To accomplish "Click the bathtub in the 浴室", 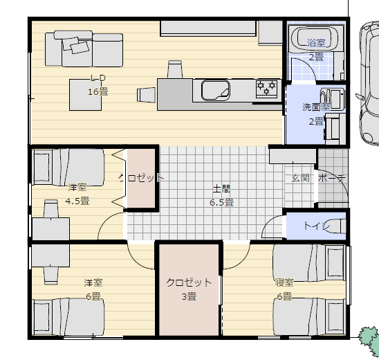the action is (315, 39).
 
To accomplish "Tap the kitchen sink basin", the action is (215, 90).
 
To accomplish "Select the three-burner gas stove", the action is (266, 88).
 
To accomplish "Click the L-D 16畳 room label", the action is (98, 85).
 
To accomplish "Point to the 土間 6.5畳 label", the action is (221, 195).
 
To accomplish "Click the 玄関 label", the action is (300, 178).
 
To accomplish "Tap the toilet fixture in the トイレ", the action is (336, 226).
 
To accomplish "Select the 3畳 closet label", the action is (189, 289).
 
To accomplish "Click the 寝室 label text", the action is (284, 282).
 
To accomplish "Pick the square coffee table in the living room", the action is (85, 95).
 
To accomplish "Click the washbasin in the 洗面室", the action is (333, 99).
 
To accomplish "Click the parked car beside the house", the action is (369, 84).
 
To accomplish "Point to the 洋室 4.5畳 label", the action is (77, 194).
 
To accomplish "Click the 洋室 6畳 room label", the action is (93, 289).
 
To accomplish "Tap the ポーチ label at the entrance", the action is (332, 179).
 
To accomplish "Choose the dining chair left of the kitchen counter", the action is (146, 95).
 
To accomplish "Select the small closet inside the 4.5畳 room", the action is (141, 178).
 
